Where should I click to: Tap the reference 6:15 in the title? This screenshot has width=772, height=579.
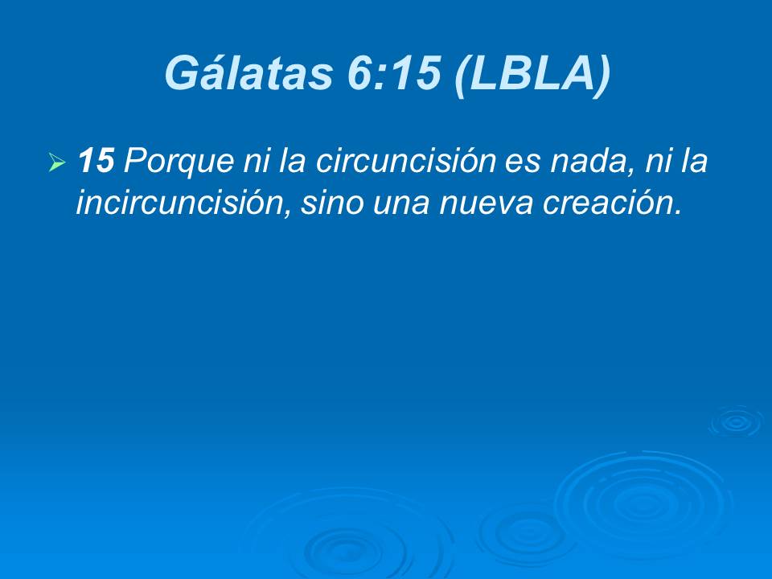pos(394,74)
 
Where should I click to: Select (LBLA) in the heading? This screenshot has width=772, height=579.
pos(531,74)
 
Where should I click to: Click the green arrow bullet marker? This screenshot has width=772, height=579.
pos(56,164)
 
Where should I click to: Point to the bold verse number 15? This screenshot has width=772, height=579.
pos(96,162)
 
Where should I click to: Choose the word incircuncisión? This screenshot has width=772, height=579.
pos(179,203)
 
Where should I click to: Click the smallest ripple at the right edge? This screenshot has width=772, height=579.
pos(734,421)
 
